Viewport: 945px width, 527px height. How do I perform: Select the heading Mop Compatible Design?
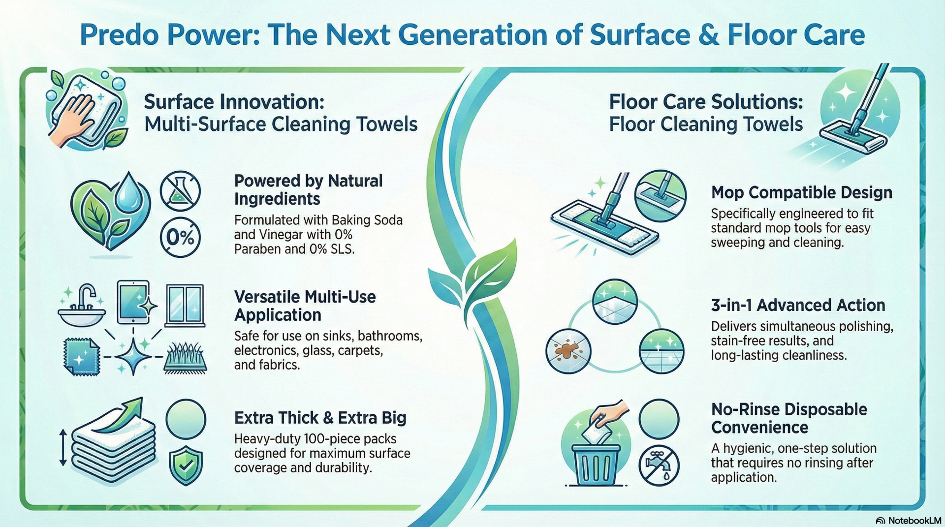coord(801,192)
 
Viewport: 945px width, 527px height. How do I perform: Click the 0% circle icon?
coord(180,238)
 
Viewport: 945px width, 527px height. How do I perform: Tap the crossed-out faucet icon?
coord(659,465)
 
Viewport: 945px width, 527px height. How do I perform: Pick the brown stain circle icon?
coord(568,351)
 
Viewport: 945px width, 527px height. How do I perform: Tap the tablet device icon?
coord(133,302)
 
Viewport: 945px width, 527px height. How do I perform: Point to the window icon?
coord(185,305)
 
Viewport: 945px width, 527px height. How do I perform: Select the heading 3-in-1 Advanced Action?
coord(798,305)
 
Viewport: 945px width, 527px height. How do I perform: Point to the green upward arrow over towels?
coord(120,417)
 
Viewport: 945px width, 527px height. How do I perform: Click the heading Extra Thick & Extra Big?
coord(320,418)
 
